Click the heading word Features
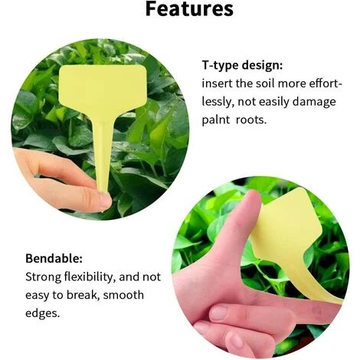[189, 11]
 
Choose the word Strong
[44, 277]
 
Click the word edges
[43, 313]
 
